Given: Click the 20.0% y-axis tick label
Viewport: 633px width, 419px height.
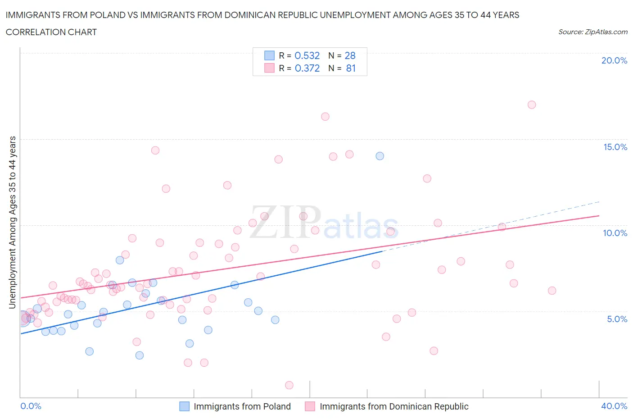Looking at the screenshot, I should click(614, 60).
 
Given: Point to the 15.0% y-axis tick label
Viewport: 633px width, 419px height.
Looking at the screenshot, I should click(615, 147).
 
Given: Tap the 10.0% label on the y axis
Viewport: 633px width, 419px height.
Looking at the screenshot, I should click(615, 233).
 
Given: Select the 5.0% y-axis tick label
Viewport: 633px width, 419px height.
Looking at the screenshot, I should click(617, 319).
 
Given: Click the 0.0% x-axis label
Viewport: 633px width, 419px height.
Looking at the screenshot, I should click(31, 406).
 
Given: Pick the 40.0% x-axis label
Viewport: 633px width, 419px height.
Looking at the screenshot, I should click(614, 406).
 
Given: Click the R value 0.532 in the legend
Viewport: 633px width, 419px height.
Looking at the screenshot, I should click(307, 55).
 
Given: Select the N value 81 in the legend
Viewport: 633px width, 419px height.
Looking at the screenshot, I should click(351, 68).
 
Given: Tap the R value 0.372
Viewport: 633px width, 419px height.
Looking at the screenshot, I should click(307, 68).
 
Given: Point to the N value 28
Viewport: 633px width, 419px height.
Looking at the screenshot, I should click(350, 55).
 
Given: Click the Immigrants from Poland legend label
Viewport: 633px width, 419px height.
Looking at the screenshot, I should click(242, 406).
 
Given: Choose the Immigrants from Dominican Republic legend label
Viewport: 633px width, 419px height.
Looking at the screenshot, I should click(394, 406).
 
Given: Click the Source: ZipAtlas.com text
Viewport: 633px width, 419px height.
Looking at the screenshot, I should click(592, 32).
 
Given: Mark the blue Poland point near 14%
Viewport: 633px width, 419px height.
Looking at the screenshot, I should click(380, 156).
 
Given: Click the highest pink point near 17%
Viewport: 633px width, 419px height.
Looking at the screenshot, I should click(532, 105).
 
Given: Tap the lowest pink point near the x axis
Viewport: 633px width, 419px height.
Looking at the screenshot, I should click(289, 385).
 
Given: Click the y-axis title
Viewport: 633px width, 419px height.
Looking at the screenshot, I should click(12, 223).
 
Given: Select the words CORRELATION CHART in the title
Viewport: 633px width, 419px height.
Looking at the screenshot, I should click(51, 32).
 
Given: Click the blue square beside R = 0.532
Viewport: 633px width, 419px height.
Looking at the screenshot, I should click(269, 55).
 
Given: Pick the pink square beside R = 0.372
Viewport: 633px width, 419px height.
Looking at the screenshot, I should click(269, 68).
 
